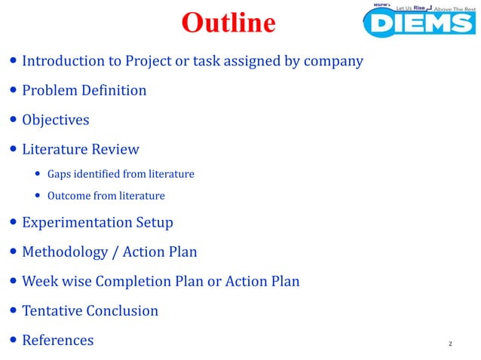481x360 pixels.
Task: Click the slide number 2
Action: click(x=450, y=344)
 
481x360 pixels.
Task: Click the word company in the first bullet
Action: click(x=333, y=61)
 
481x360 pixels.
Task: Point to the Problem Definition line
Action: click(x=84, y=90)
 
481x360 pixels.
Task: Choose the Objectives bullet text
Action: click(x=56, y=120)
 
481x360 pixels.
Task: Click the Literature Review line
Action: click(x=81, y=149)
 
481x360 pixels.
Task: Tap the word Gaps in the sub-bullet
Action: click(x=61, y=174)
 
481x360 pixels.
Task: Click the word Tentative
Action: click(x=52, y=310)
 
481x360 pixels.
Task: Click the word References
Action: click(x=58, y=340)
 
